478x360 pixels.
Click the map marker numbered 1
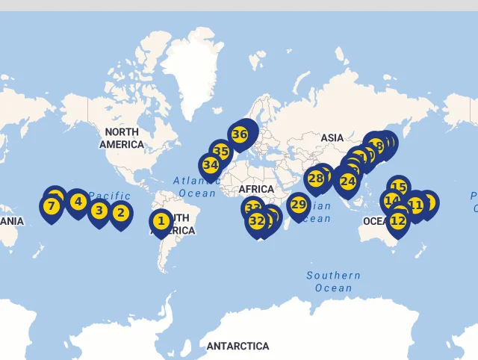(161, 221)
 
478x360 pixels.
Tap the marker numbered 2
(120, 213)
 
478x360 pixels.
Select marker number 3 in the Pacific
(99, 211)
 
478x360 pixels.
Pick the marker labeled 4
(77, 201)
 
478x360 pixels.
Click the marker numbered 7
(52, 206)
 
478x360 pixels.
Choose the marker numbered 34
(211, 165)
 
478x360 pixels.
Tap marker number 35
(220, 151)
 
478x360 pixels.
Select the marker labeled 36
(239, 134)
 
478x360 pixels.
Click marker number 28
(316, 178)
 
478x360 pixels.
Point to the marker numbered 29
(299, 205)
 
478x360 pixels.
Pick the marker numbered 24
(347, 181)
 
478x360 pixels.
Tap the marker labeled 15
(399, 187)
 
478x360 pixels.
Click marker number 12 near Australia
(398, 220)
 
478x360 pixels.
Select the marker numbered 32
(257, 220)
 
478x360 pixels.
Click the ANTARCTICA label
(238, 347)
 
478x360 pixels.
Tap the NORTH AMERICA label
(121, 138)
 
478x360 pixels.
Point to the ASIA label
(332, 137)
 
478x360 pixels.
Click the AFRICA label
(256, 189)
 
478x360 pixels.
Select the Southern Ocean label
(333, 282)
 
